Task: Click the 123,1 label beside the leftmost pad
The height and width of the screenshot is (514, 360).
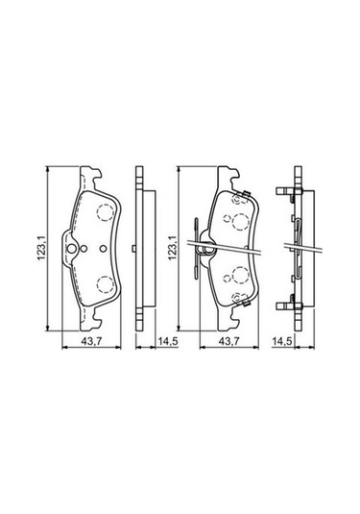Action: [x=40, y=249]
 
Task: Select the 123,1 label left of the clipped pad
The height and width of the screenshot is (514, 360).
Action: [x=172, y=249]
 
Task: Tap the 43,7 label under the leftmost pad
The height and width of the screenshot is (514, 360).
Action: [x=92, y=341]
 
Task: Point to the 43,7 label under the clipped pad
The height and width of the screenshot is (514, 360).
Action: [x=229, y=341]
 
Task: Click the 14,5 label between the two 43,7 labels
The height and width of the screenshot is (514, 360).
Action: [x=168, y=341]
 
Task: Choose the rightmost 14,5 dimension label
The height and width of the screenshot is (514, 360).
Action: [x=281, y=341]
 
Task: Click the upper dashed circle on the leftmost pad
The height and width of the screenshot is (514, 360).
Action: [x=106, y=211]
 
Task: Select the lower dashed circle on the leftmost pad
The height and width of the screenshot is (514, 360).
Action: [x=106, y=284]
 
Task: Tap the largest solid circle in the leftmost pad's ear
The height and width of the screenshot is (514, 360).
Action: [x=71, y=249]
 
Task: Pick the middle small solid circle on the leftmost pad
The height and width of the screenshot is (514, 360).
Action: [x=84, y=249]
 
